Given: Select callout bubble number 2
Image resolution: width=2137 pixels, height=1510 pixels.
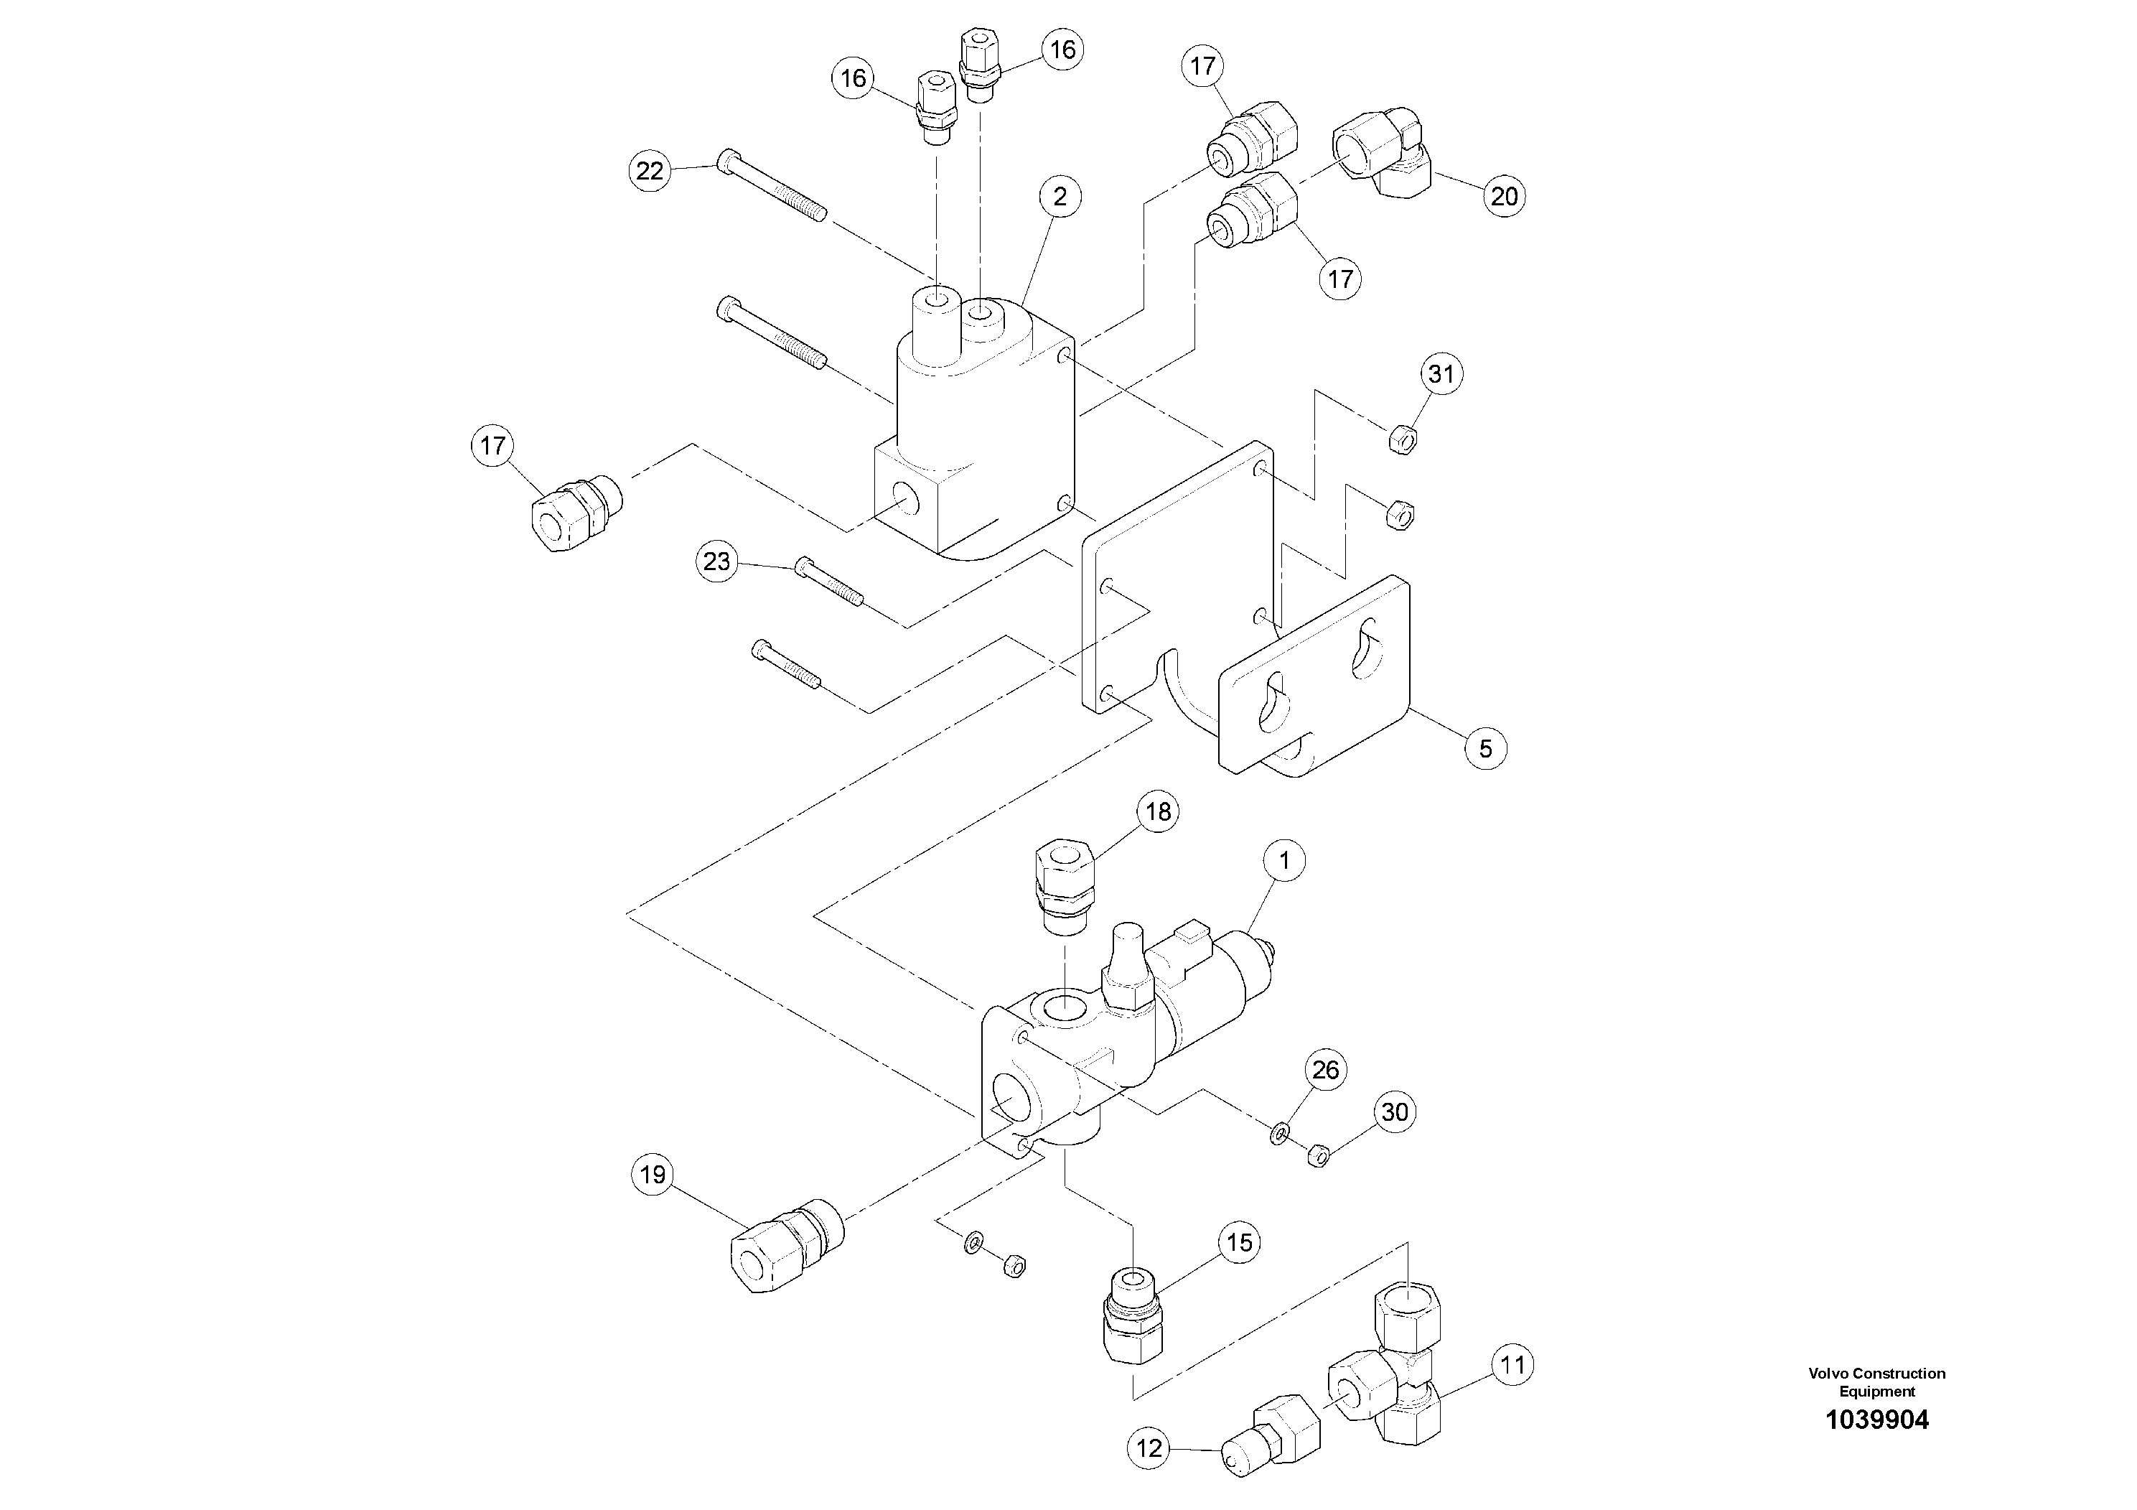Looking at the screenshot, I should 1060,197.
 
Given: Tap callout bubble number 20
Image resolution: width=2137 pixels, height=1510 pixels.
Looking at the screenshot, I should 1504,197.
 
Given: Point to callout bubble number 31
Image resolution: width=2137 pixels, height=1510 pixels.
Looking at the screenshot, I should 1441,374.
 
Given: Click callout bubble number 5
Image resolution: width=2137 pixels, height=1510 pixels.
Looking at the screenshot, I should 1485,748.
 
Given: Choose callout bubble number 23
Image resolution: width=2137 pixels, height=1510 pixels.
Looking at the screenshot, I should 716,562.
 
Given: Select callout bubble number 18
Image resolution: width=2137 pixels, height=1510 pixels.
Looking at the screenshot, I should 1158,812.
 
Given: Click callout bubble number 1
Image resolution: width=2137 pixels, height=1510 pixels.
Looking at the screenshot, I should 1284,861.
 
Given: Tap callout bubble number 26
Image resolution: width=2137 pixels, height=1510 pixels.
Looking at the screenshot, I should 1325,1070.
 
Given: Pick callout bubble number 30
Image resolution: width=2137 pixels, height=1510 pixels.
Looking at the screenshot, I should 1394,1112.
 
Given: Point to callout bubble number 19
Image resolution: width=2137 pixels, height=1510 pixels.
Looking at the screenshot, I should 653,1175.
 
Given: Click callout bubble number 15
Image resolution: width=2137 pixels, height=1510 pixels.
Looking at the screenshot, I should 1240,1243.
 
